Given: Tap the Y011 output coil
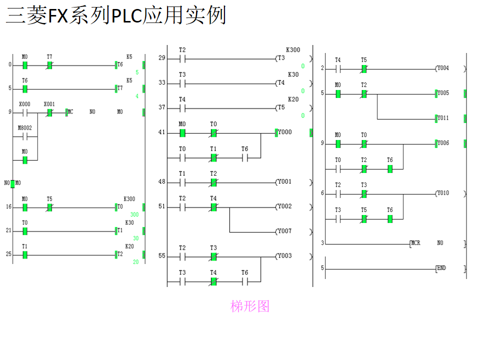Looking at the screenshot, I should click(442, 118).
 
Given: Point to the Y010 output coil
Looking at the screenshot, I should click(442, 193).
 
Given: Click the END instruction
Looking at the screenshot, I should click(441, 268).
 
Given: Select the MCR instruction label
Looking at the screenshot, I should click(415, 243).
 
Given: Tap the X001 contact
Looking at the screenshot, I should click(49, 112).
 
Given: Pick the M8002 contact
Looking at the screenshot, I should click(24, 136).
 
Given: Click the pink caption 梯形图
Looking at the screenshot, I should click(249, 306).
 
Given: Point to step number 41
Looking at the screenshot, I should click(161, 132).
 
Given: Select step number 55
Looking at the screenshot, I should click(161, 256).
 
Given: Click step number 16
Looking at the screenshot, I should click(8, 206).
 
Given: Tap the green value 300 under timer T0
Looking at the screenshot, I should click(134, 214).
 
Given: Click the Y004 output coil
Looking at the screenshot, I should click(442, 68).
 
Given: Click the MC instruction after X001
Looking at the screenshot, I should click(69, 112).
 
